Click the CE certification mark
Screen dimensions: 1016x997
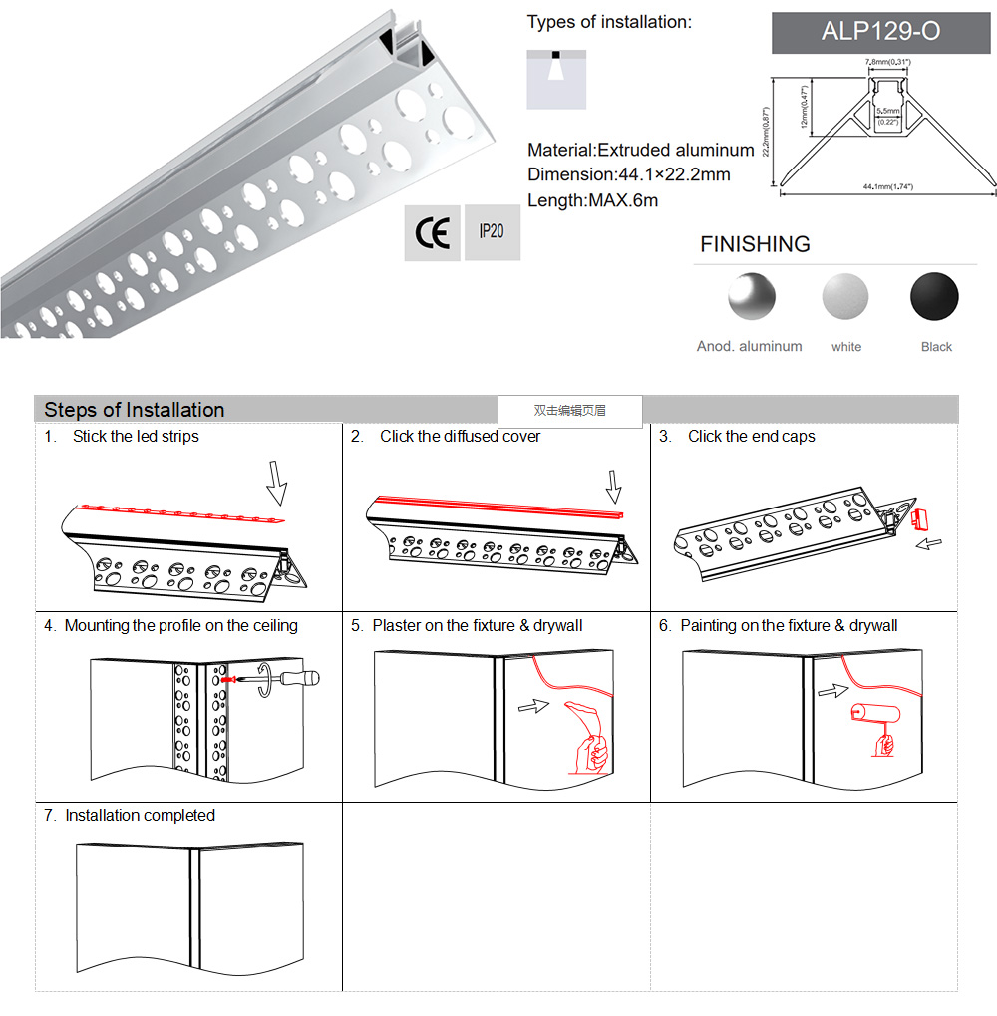(x=432, y=233)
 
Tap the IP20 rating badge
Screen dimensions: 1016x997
(x=492, y=232)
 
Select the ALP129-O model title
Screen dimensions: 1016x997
(x=879, y=32)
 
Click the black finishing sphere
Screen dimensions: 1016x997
(x=934, y=296)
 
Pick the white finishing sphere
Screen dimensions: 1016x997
(x=845, y=297)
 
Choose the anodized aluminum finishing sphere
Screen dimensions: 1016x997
(x=751, y=296)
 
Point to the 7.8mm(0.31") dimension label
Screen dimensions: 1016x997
(x=886, y=63)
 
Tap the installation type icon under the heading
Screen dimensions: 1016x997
(x=556, y=76)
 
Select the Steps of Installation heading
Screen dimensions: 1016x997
(x=135, y=410)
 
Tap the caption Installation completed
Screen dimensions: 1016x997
(x=140, y=816)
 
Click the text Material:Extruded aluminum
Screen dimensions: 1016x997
(x=640, y=151)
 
